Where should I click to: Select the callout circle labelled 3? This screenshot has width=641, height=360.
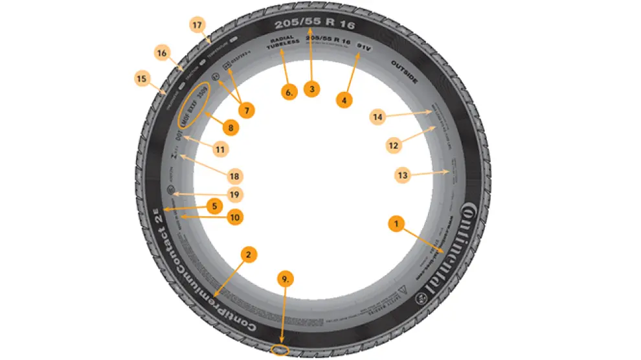click(312, 89)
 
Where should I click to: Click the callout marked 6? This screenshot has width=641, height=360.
click(289, 92)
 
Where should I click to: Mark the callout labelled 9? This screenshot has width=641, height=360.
click(284, 279)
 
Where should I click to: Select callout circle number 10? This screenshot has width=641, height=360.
click(234, 218)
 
